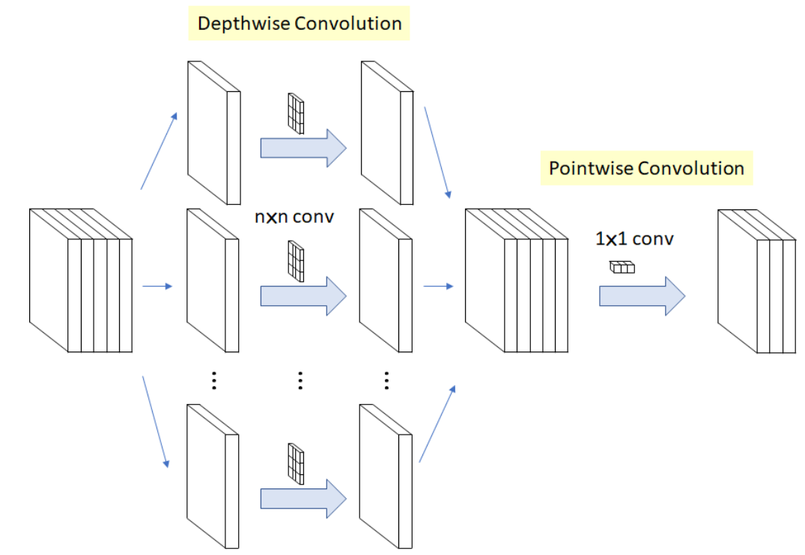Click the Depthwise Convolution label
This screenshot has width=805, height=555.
pyautogui.click(x=300, y=23)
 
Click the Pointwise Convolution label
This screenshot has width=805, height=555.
pyautogui.click(x=646, y=168)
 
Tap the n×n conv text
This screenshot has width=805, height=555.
pyautogui.click(x=294, y=218)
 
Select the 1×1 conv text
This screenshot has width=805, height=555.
pyautogui.click(x=634, y=239)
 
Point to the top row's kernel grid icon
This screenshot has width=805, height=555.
pyautogui.click(x=297, y=114)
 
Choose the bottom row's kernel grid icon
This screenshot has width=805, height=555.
pyautogui.click(x=297, y=464)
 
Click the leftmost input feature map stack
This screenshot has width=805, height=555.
pyautogui.click(x=81, y=280)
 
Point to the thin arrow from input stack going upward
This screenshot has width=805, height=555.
pyautogui.click(x=159, y=150)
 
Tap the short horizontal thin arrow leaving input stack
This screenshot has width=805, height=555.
pyautogui.click(x=157, y=286)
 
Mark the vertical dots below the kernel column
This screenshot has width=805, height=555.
pyautogui.click(x=300, y=380)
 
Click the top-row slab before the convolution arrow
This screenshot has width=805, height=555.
pyautogui.click(x=213, y=132)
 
